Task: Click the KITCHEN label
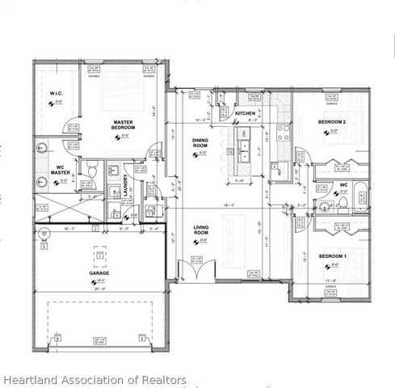click(245, 114)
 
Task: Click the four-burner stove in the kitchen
click(284, 134)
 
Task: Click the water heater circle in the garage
click(44, 235)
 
